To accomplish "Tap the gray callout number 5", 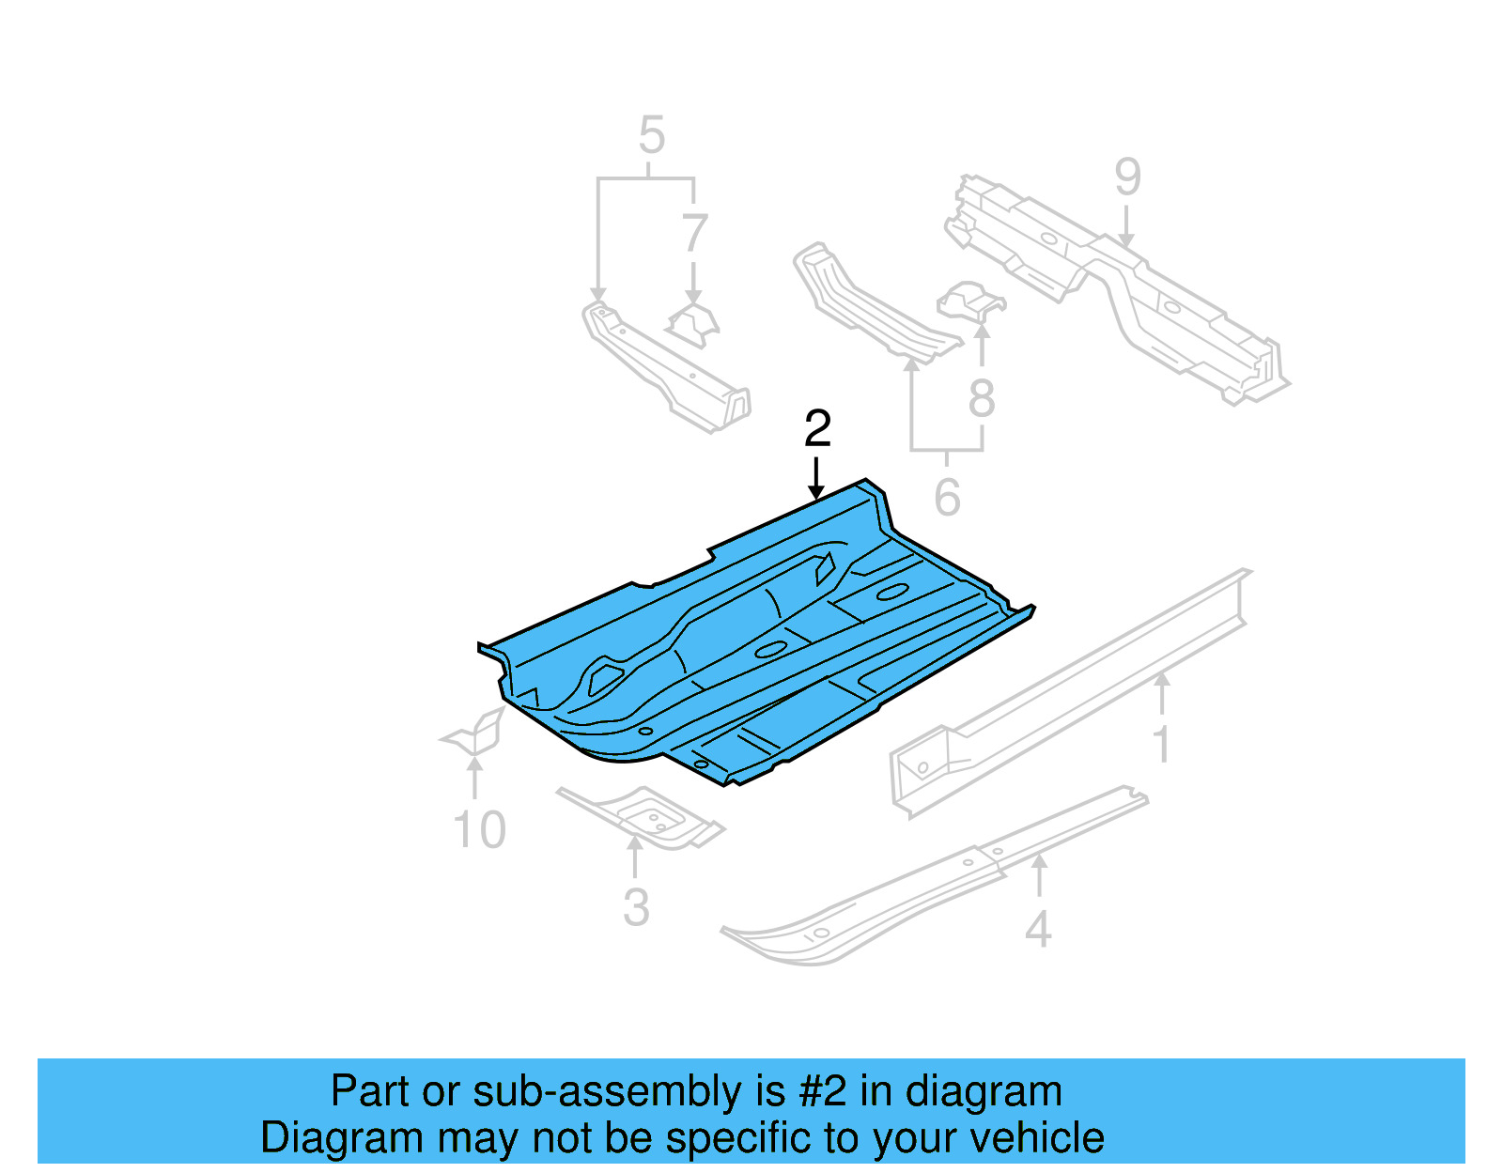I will [651, 135].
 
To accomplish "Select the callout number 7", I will [693, 233].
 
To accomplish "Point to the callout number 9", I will [1127, 177].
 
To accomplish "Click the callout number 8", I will [982, 399].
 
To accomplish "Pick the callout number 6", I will [947, 497].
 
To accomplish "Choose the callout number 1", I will [1162, 744].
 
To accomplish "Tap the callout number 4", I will [1037, 930].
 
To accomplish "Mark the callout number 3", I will [636, 907].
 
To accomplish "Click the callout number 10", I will [479, 830].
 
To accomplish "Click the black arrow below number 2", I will [816, 479].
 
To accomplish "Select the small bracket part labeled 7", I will [693, 324].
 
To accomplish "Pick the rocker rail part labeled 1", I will [1071, 695].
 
